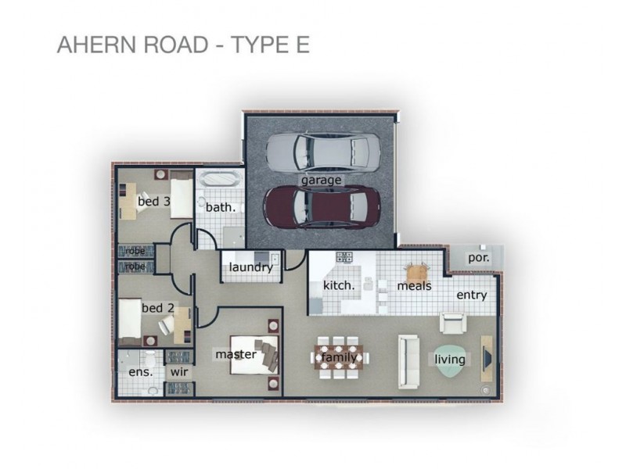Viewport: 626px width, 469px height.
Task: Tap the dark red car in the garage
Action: [322, 206]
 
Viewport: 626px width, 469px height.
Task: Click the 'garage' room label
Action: [321, 180]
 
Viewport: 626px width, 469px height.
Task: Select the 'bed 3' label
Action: [153, 202]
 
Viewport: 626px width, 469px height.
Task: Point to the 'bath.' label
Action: [220, 208]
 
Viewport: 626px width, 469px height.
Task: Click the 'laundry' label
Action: [250, 268]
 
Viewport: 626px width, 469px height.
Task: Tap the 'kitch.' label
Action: [339, 285]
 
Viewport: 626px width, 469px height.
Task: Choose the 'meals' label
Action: [414, 286]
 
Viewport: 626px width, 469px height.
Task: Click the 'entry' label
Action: [471, 295]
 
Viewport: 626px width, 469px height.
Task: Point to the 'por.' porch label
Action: [478, 256]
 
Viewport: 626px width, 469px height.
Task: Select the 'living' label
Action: [451, 360]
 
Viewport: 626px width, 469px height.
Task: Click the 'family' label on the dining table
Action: [339, 358]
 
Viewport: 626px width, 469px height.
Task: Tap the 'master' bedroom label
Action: [236, 355]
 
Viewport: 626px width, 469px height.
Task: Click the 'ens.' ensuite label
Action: [140, 372]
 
